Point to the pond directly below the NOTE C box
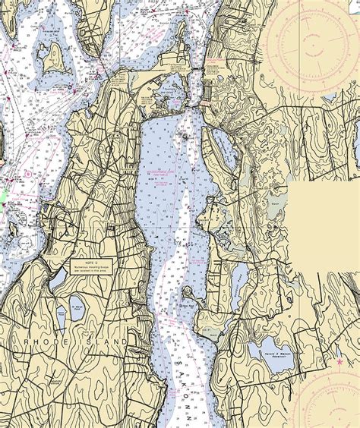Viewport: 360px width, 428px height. (59, 282)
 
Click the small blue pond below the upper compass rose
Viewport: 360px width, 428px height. (329, 98)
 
